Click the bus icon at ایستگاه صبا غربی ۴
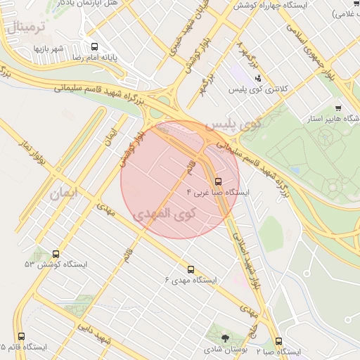click(217, 181)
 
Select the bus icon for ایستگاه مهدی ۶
click(191, 269)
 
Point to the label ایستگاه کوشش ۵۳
click(56, 264)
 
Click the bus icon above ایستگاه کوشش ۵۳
click(56, 254)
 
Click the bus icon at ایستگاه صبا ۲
click(279, 341)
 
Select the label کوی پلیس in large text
click(233, 124)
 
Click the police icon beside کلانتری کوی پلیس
click(259, 78)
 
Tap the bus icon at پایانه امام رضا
click(95, 46)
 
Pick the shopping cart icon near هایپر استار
click(338, 108)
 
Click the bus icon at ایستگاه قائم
click(21, 337)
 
